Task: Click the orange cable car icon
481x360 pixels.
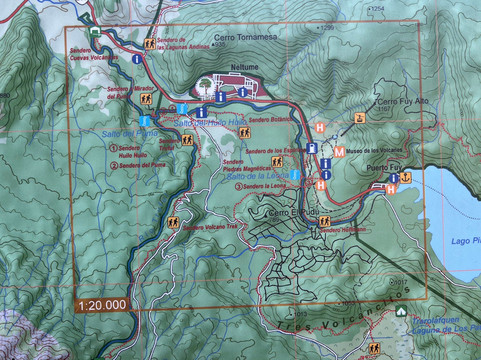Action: [x=357, y=120]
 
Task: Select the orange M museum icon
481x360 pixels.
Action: [x=340, y=152]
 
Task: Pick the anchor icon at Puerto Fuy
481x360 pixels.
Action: [x=407, y=178]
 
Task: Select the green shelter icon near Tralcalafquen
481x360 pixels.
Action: [x=400, y=310]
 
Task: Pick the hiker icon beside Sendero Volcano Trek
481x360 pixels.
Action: [x=173, y=224]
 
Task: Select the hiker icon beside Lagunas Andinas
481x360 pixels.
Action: [x=150, y=44]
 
